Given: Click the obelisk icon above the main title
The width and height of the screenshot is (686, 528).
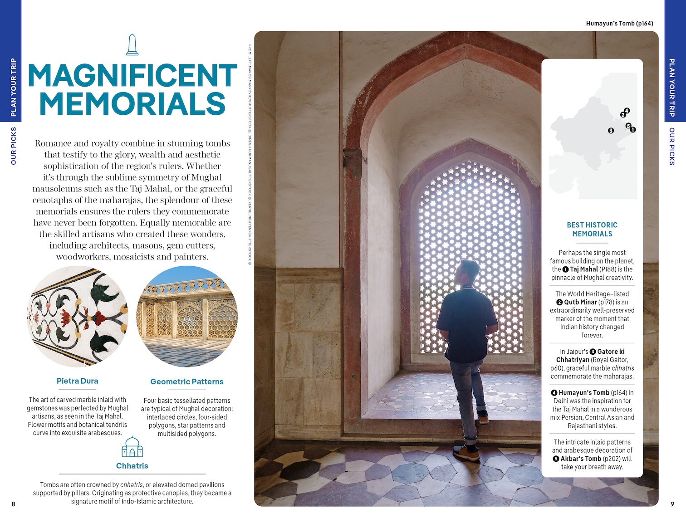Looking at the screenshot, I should pyautogui.click(x=132, y=45).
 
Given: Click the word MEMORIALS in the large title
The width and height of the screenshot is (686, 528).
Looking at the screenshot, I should pyautogui.click(x=132, y=103).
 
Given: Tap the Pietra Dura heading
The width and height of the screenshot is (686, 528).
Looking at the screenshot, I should pyautogui.click(x=78, y=381).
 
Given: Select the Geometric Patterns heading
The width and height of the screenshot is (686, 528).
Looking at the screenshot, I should pyautogui.click(x=187, y=382).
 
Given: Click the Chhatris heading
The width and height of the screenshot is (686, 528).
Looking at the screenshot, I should pyautogui.click(x=132, y=466).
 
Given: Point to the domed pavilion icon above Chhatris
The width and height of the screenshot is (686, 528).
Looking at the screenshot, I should pyautogui.click(x=132, y=447).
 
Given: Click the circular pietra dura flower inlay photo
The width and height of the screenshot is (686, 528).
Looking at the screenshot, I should pyautogui.click(x=78, y=316).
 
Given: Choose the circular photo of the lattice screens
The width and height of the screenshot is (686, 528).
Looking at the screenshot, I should pyautogui.click(x=187, y=316).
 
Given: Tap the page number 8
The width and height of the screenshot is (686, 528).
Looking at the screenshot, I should pyautogui.click(x=13, y=504).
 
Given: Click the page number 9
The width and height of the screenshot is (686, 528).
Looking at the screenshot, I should pyautogui.click(x=672, y=504).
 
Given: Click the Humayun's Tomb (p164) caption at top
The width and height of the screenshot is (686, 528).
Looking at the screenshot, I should pyautogui.click(x=619, y=24).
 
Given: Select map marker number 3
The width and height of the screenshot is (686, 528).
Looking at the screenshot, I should pyautogui.click(x=611, y=131).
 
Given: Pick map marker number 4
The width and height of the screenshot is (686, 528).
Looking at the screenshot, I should pyautogui.click(x=627, y=111).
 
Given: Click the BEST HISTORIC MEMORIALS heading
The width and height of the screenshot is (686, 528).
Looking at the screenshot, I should pyautogui.click(x=592, y=230).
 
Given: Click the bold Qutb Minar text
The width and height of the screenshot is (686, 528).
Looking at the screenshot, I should pyautogui.click(x=580, y=302).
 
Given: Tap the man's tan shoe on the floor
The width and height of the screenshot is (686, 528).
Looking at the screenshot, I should pyautogui.click(x=466, y=453).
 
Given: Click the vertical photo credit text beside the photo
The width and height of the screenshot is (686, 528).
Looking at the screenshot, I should pyautogui.click(x=250, y=154).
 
